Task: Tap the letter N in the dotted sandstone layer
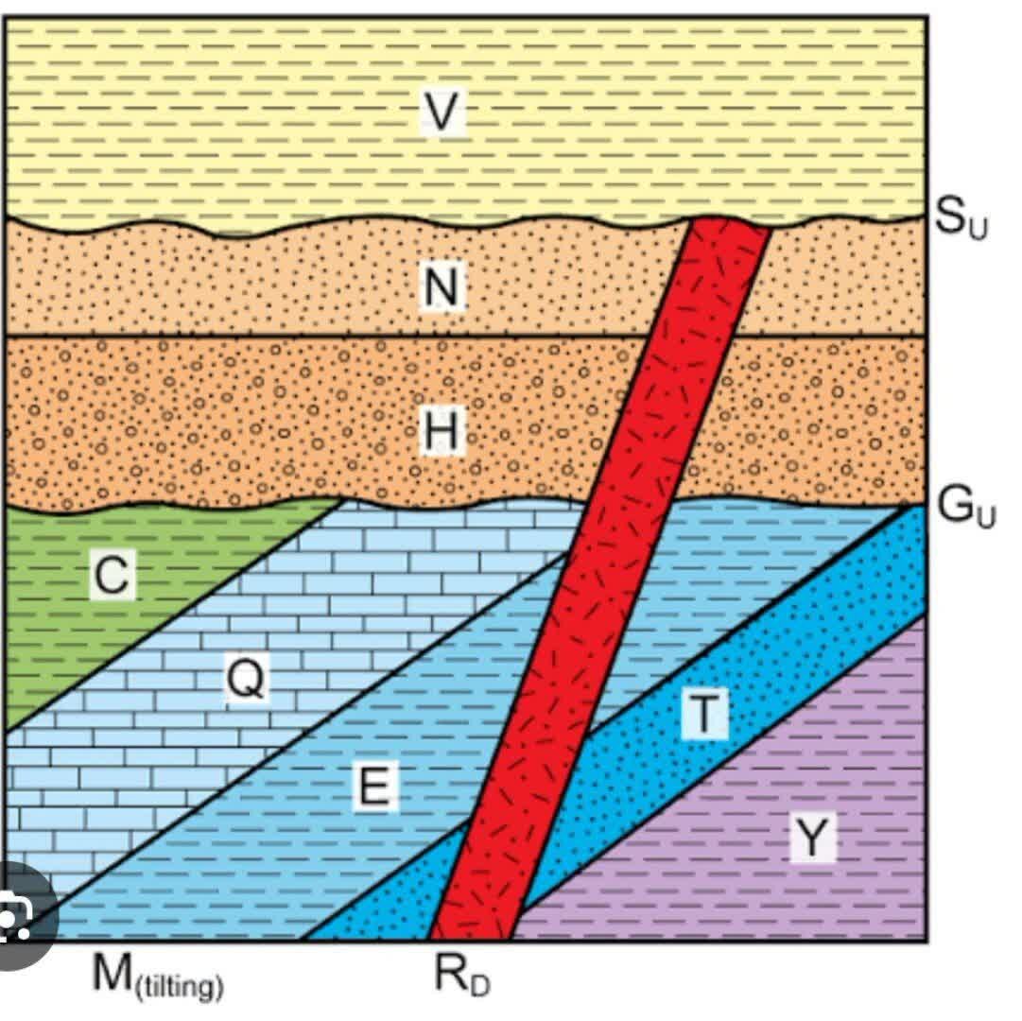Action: (442, 286)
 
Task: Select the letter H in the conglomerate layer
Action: (442, 430)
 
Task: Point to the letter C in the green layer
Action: (113, 574)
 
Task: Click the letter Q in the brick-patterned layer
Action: (246, 678)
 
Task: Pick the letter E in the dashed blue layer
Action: (374, 786)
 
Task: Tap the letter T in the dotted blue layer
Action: (704, 715)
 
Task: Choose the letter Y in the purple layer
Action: (812, 838)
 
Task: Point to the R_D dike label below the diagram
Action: (462, 976)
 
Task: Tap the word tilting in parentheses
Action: (180, 985)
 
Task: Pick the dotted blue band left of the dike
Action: (391, 892)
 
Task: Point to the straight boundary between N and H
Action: (327, 337)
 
